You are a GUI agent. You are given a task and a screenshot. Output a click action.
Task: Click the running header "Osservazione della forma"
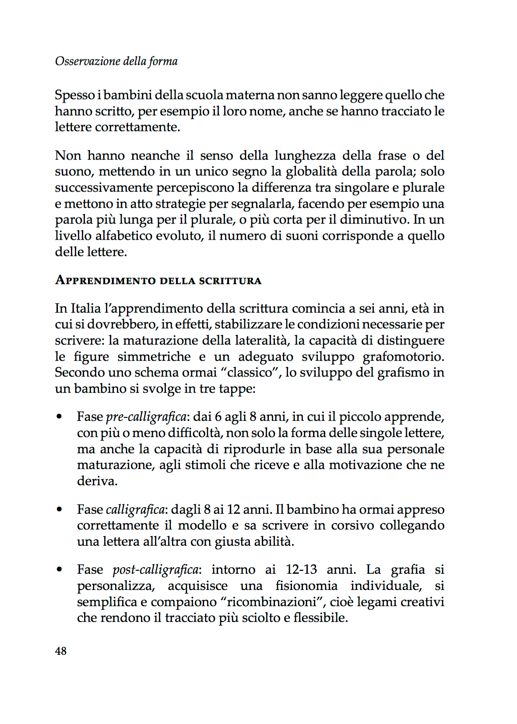tap(116, 61)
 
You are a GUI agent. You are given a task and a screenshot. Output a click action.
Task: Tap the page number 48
tap(61, 651)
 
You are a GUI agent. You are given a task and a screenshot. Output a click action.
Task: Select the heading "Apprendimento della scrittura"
tap(158, 280)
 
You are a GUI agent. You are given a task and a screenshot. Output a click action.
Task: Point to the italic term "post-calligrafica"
tap(155, 570)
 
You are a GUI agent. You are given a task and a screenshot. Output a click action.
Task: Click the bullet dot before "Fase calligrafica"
tap(59, 509)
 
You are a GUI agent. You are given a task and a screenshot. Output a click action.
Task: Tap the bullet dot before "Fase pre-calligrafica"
tap(59, 417)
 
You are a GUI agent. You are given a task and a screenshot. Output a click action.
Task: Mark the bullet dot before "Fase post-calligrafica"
tap(59, 570)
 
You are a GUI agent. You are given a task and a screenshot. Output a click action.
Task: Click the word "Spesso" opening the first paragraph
tap(75, 95)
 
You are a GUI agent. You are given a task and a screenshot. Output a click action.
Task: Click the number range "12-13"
tap(301, 569)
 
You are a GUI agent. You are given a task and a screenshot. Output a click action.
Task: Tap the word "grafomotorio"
tap(403, 357)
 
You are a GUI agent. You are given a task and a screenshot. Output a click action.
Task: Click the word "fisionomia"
tap(306, 586)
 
